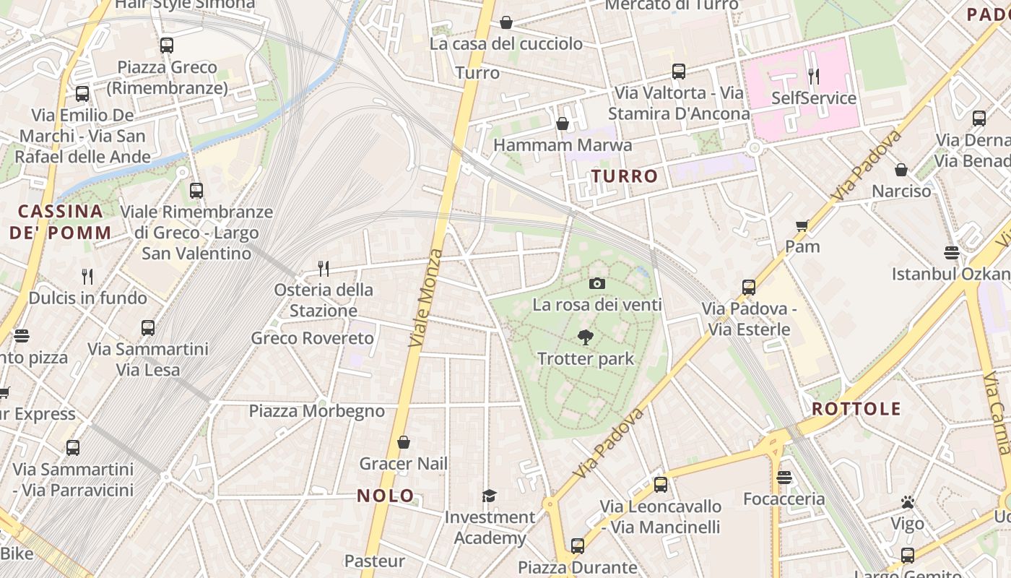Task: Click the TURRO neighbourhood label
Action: pyautogui.click(x=625, y=176)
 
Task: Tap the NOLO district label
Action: pyautogui.click(x=386, y=496)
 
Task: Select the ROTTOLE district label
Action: pyautogui.click(x=856, y=409)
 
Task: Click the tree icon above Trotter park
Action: pyautogui.click(x=586, y=337)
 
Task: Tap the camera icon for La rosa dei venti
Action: pyautogui.click(x=596, y=283)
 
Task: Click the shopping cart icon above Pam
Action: pyautogui.click(x=802, y=226)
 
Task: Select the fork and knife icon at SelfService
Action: pyautogui.click(x=814, y=76)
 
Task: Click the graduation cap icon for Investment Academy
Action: pyautogui.click(x=490, y=496)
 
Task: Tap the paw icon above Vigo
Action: pyautogui.click(x=908, y=502)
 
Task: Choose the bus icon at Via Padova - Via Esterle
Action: pyautogui.click(x=749, y=288)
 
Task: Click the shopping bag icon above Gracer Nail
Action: pyautogui.click(x=404, y=442)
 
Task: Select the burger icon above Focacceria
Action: pyautogui.click(x=784, y=478)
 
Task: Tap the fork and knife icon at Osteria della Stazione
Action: pyautogui.click(x=324, y=269)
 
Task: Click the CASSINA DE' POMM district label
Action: pyautogui.click(x=61, y=222)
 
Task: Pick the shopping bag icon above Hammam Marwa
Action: pyautogui.click(x=563, y=124)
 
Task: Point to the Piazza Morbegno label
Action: pyautogui.click(x=317, y=411)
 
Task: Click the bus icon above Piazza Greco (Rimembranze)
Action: pyautogui.click(x=167, y=46)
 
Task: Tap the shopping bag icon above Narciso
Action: pyautogui.click(x=901, y=170)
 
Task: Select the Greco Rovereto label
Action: pyautogui.click(x=313, y=338)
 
